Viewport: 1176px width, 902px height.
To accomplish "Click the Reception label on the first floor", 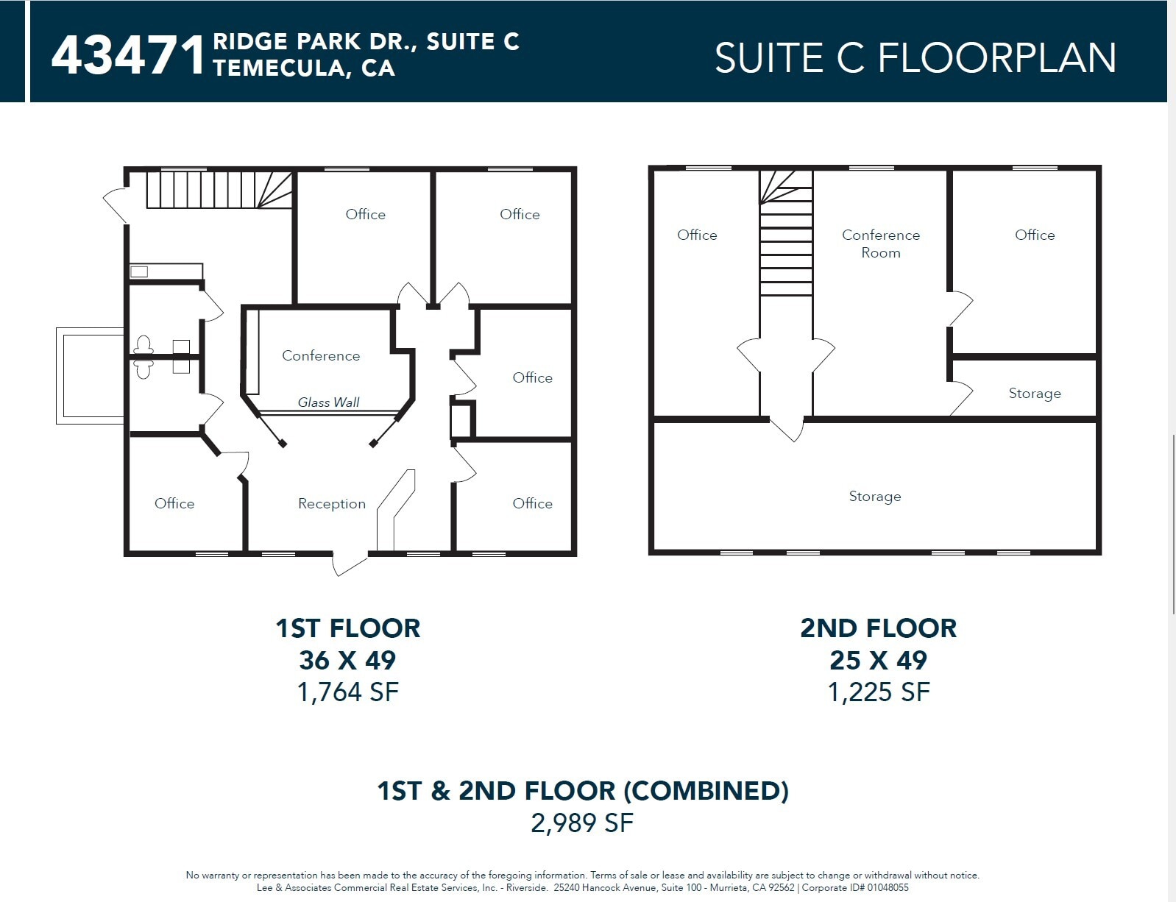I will (331, 504).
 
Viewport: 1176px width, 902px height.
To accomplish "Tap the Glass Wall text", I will (328, 402).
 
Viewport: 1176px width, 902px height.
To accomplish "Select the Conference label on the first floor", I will (321, 355).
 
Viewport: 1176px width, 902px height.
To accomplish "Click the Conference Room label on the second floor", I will (880, 244).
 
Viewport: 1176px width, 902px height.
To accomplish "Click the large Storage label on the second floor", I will (874, 497).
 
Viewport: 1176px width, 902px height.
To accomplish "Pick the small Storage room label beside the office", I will (1034, 394).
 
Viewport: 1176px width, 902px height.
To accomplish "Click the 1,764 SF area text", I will (347, 692).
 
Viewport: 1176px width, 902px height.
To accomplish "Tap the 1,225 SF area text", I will (878, 692).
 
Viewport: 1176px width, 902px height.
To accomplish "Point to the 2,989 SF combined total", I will (581, 823).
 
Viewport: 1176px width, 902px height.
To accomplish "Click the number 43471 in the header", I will (129, 55).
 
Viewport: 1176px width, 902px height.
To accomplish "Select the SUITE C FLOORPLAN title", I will (915, 58).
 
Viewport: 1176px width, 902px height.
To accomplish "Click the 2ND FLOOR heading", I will (878, 628).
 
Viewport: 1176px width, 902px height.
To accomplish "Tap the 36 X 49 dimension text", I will (347, 660).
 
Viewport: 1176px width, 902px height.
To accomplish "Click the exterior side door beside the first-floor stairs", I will (115, 205).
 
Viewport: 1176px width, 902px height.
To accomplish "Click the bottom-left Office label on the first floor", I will (174, 504).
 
